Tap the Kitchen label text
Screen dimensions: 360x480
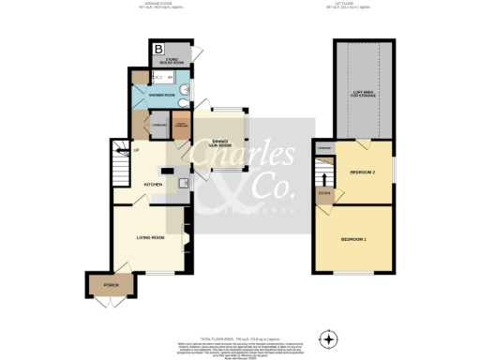point(153,185)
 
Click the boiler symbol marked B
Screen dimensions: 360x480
point(158,49)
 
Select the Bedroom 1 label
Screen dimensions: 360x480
point(352,241)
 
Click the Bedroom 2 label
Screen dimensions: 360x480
point(362,172)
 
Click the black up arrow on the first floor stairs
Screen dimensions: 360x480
point(324,175)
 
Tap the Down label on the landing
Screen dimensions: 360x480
point(323,195)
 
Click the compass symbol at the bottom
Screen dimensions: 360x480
point(328,337)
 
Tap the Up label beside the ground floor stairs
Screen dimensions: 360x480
point(136,151)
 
